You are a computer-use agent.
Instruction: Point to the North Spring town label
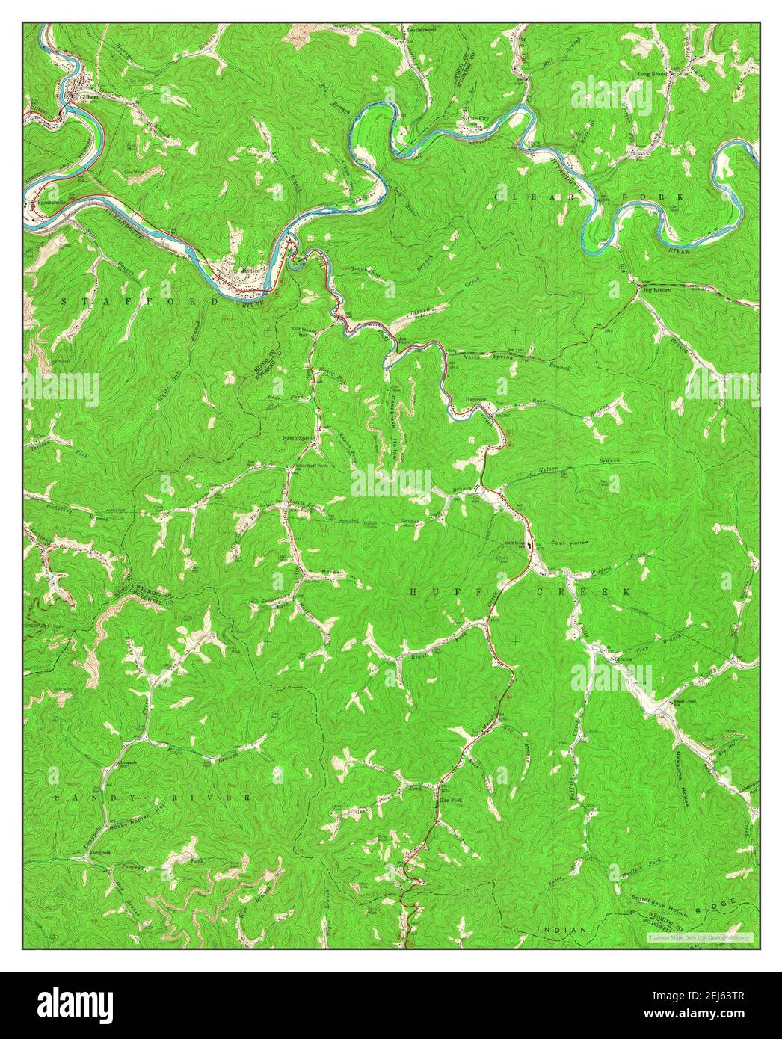click(x=298, y=438)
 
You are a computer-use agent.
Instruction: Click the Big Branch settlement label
click(x=655, y=290)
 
